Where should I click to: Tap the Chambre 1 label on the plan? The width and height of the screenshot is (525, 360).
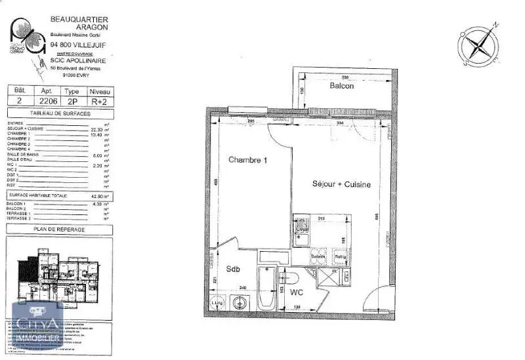point(248,160)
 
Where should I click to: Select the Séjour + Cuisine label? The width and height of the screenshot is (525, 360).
point(341,185)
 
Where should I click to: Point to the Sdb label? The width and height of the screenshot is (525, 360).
point(234,270)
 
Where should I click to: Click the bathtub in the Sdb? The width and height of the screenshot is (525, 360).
point(267,289)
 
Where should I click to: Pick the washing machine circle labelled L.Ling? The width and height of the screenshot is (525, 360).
point(218,303)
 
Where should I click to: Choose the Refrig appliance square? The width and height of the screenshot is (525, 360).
point(341,256)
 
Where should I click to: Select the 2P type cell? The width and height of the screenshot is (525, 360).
point(72,102)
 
